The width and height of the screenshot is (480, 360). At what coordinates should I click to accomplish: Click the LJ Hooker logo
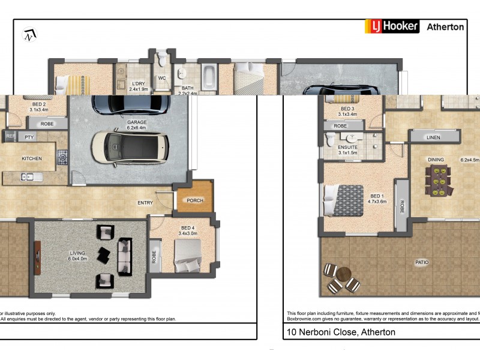pos(392,26)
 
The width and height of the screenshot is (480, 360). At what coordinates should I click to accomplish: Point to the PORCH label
pos(195,200)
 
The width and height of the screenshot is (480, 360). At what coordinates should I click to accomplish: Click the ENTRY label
pos(145,203)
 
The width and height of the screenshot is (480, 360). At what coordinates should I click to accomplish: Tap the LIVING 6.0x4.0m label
pos(78,256)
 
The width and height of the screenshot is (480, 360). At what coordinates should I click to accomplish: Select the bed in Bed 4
pos(188,256)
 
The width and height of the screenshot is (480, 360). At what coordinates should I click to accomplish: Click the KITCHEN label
pos(31,158)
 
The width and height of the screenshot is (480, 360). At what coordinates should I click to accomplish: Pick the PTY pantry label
pos(28,137)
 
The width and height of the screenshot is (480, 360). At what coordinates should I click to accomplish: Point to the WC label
pos(161,78)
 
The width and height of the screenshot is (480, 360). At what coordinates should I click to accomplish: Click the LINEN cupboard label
pos(433,137)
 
